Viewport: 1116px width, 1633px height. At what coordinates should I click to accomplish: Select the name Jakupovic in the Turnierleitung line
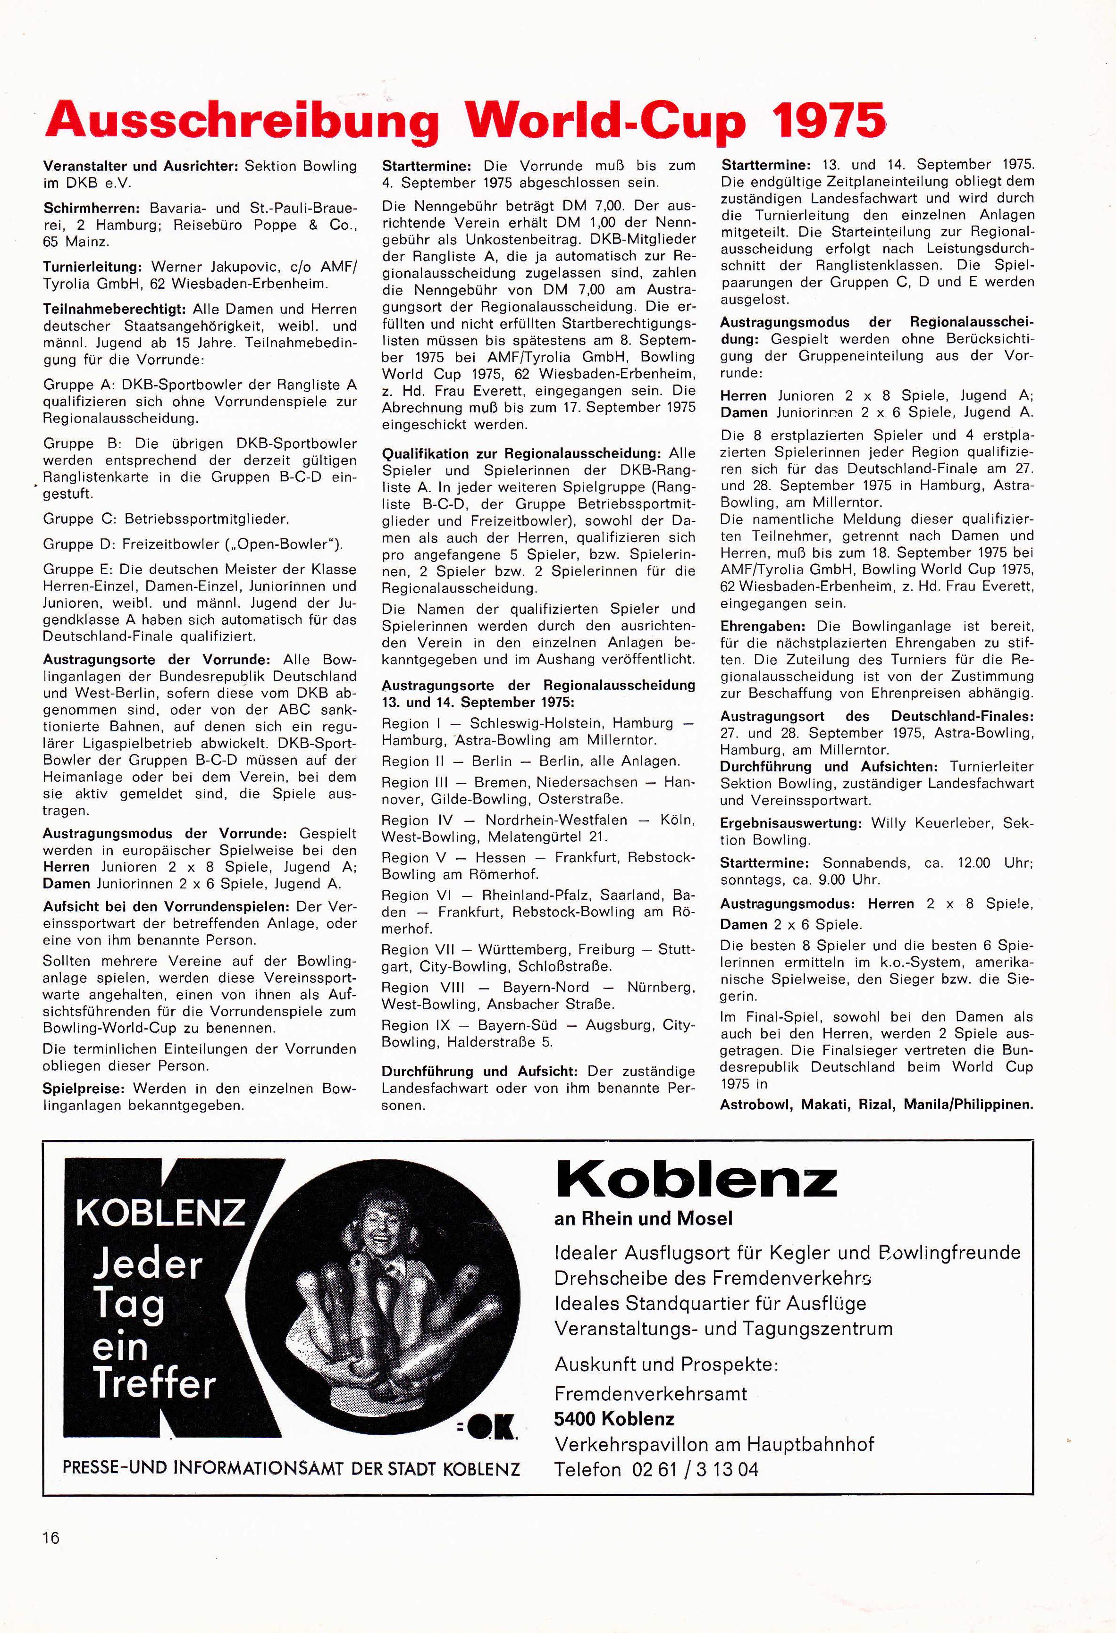[x=240, y=267]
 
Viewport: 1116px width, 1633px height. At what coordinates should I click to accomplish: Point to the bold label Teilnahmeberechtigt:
[x=112, y=309]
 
